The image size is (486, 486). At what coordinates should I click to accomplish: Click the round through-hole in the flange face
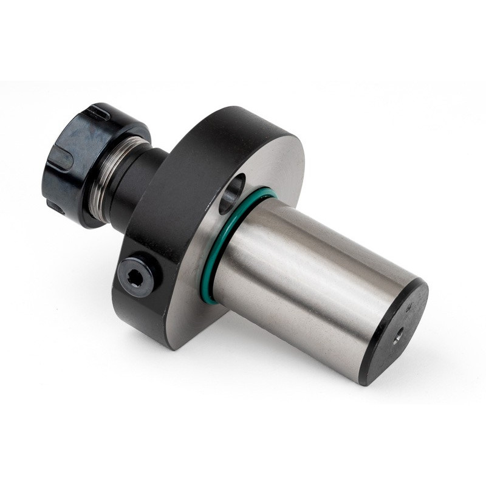[x=231, y=194]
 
